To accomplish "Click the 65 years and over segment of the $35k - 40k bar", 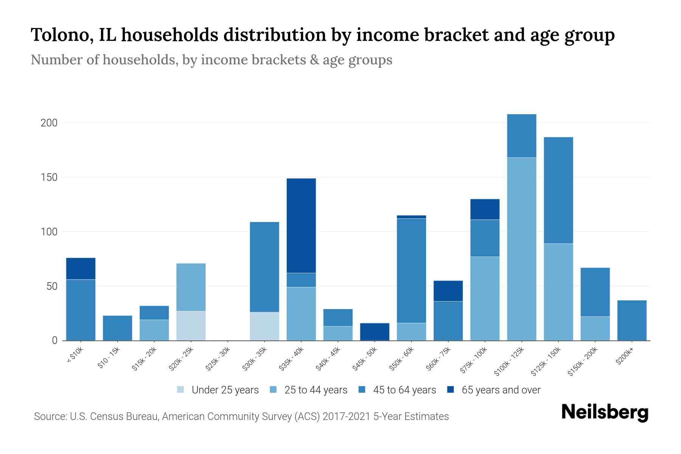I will coord(301,225).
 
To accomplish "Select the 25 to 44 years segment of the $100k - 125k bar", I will coord(522,249).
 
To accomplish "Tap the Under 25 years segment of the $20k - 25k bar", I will coord(191,326).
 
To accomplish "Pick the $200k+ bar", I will coord(632,320).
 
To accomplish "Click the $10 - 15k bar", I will coord(118,328).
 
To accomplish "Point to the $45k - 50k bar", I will coord(375,331).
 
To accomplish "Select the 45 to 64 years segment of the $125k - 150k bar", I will coord(558,190).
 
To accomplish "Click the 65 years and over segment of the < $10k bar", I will coord(81,268).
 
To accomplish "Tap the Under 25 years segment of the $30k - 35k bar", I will coord(264,326).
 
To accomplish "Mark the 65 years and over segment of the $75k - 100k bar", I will coord(485,209).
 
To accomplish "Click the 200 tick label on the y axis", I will coord(49,123).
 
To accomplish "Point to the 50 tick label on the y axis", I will coord(52,286).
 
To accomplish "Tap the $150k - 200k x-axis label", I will coord(583,362).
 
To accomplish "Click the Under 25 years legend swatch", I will coord(181,390).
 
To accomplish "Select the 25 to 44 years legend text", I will coord(316,390).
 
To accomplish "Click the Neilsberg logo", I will coord(605,412).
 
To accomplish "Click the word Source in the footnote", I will coord(49,417).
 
